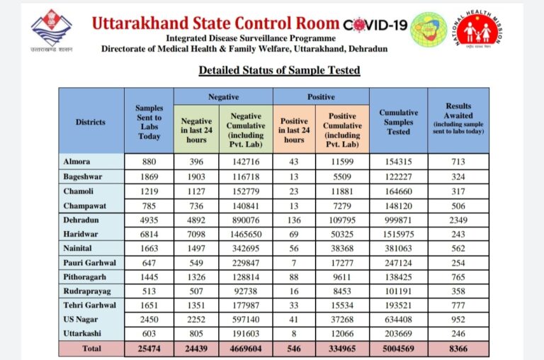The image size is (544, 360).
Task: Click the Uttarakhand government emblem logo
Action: pyautogui.click(x=51, y=31)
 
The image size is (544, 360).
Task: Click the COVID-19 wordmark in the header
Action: pyautogui.click(x=375, y=25)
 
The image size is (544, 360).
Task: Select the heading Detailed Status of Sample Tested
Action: pyautogui.click(x=279, y=70)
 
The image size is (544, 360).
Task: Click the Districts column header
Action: pyautogui.click(x=91, y=122)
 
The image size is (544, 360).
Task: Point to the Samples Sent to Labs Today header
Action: pyautogui.click(x=149, y=122)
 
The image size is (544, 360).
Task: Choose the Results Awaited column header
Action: pyautogui.click(x=458, y=118)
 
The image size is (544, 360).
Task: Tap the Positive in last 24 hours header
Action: pyautogui.click(x=294, y=130)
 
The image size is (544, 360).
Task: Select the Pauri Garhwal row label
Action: pyautogui.click(x=89, y=263)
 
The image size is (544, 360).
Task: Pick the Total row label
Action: pyautogui.click(x=91, y=349)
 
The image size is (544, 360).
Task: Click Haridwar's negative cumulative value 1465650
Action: pyautogui.click(x=246, y=235)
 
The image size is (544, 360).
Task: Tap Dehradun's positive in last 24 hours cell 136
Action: pyautogui.click(x=294, y=220)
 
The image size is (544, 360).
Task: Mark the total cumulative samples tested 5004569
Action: pyautogui.click(x=398, y=349)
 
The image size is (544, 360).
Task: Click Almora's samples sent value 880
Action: pyautogui.click(x=149, y=162)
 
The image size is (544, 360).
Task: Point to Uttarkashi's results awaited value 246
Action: pyautogui.click(x=458, y=334)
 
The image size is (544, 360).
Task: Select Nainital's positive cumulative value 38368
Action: pyautogui.click(x=342, y=249)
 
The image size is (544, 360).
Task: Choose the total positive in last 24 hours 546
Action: pyautogui.click(x=294, y=349)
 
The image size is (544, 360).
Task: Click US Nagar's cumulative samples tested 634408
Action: pyautogui.click(x=398, y=320)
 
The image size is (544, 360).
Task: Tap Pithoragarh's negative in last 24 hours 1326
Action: pyautogui.click(x=196, y=277)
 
